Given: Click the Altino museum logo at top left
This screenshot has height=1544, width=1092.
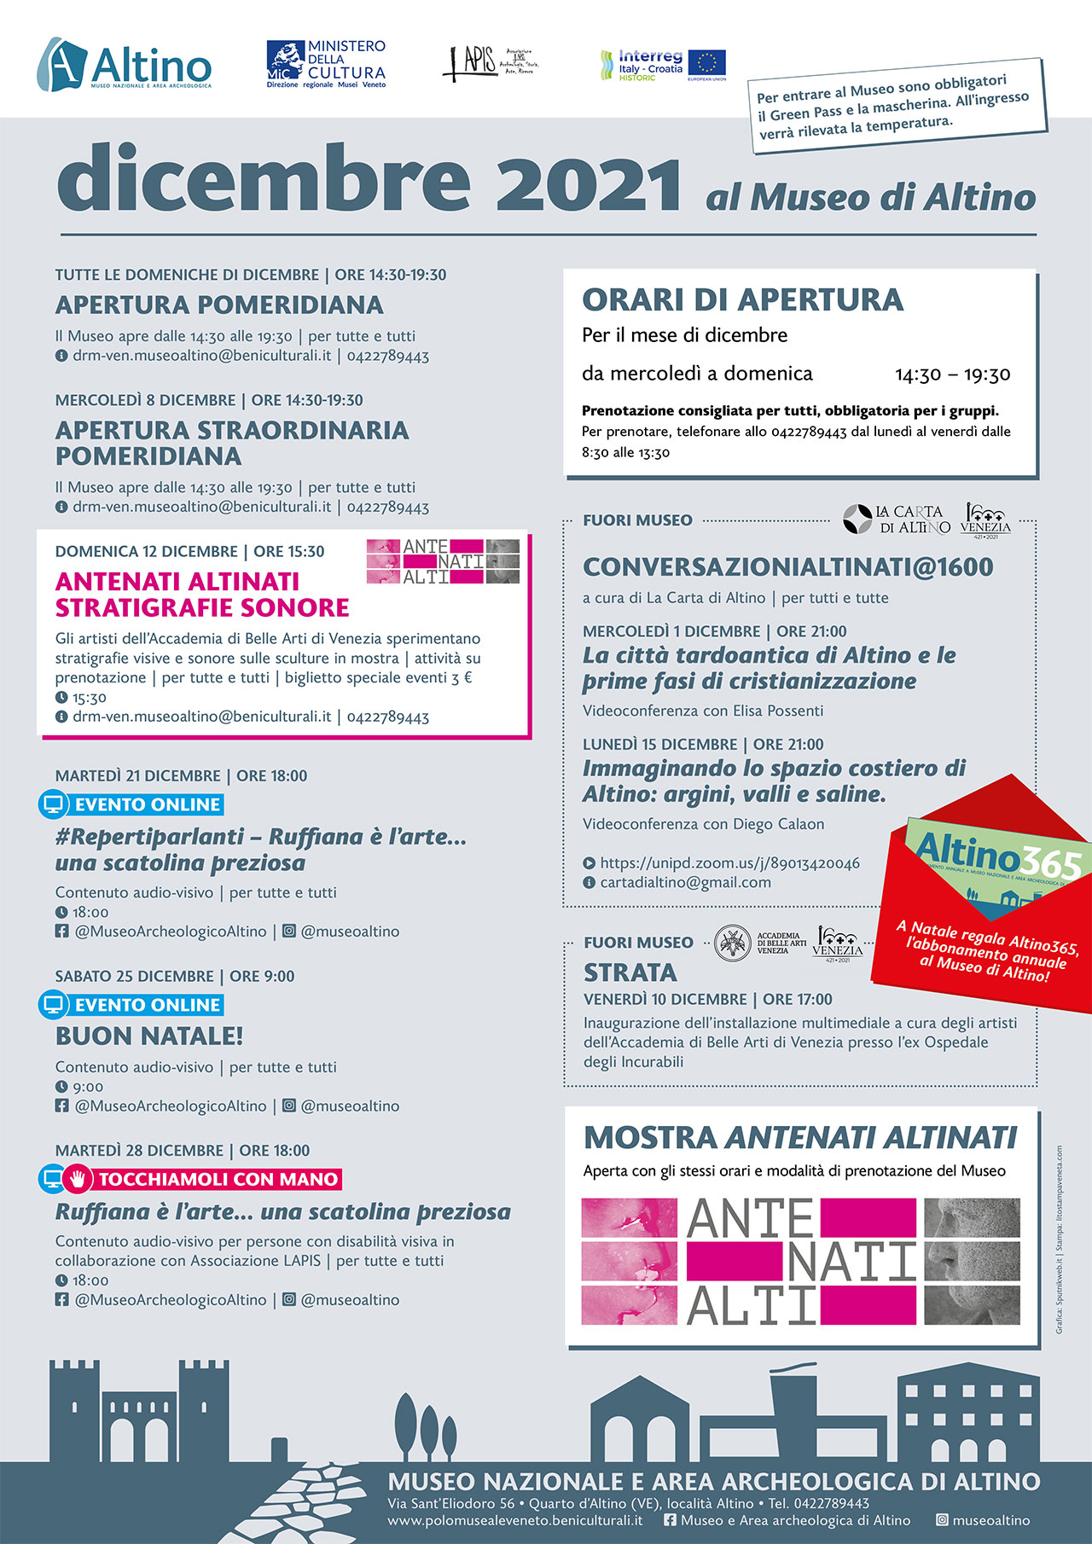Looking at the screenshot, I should click(125, 64).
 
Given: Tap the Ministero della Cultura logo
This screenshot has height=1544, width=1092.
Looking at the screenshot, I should click(326, 64).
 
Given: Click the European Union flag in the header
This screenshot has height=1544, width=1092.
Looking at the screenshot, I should click(706, 63).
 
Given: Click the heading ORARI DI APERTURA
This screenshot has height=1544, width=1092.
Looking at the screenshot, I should click(742, 300).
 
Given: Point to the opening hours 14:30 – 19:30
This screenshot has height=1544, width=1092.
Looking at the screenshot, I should click(952, 374).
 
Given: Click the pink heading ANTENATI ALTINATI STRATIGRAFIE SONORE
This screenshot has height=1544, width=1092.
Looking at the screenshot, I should click(202, 595).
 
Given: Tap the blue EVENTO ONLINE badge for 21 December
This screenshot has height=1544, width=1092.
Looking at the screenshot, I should click(148, 804).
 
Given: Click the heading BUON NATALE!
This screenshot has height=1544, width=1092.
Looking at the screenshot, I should click(149, 1036).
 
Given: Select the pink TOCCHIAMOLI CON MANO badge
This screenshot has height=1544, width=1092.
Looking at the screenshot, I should click(218, 1179).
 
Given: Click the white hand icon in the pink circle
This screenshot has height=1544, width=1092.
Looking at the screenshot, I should click(78, 1179).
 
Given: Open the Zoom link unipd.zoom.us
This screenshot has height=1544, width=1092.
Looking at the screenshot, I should click(729, 863).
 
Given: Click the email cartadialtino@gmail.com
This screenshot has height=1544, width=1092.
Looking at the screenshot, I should click(685, 883).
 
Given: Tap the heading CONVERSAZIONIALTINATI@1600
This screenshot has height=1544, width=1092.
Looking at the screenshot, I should click(787, 567).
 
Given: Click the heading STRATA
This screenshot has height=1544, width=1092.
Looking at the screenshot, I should click(630, 972).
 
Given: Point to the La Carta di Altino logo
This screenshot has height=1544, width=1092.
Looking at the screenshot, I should click(896, 519).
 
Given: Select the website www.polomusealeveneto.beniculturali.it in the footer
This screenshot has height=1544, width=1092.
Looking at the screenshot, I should click(514, 1520).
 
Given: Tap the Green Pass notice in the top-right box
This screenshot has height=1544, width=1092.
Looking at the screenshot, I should click(897, 106).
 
